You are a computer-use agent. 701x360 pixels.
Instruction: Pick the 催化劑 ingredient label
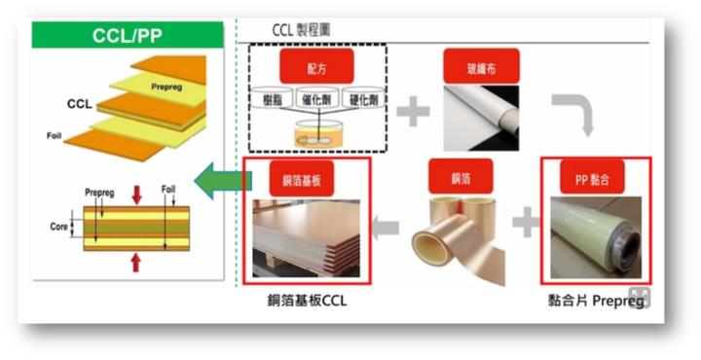click(317, 100)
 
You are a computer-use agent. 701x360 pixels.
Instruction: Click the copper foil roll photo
click(460, 239)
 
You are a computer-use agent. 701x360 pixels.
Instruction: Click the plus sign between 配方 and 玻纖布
click(414, 112)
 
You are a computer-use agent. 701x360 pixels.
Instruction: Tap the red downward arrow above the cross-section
click(135, 194)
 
